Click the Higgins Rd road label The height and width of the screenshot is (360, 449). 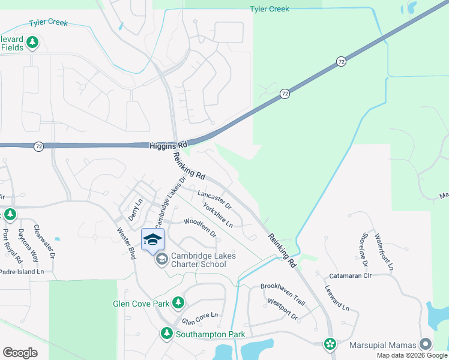coord(168,145)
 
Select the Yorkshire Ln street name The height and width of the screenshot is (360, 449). coord(218,216)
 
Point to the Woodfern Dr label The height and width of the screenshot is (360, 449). coord(200,226)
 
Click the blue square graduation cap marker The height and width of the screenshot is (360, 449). coord(152,239)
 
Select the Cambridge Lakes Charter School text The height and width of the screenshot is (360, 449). coord(203,260)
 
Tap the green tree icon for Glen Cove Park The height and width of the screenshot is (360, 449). coord(178,303)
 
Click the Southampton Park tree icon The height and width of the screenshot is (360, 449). coord(166,333)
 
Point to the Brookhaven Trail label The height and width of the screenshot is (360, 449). coord(283,287)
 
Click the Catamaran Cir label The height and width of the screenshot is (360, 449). coord(351,276)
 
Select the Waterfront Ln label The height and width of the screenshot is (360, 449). coord(384,251)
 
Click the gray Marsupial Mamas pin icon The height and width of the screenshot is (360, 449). coord(426,344)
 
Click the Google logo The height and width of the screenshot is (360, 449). coord(20,353)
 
